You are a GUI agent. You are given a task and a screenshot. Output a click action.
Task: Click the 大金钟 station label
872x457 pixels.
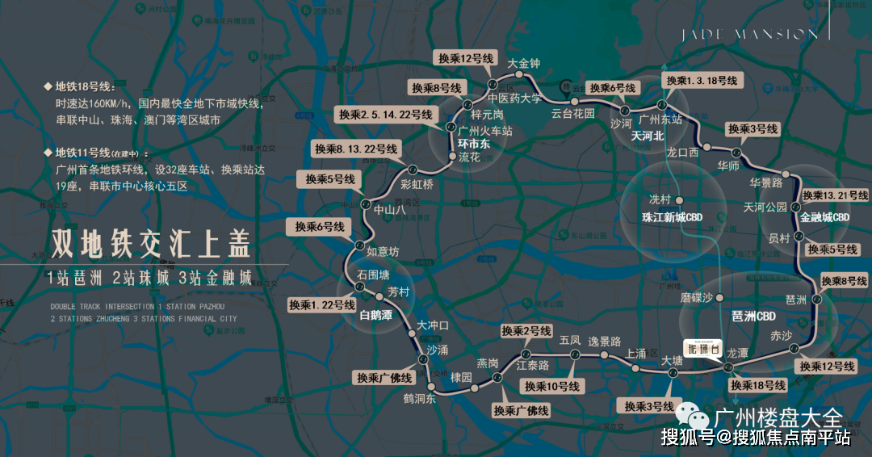523,63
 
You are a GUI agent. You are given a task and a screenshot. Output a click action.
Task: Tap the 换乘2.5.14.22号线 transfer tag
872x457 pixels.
385,115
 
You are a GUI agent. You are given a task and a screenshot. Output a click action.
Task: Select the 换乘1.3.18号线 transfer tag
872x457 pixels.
699,82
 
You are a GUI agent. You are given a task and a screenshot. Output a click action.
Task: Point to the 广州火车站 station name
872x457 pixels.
485,130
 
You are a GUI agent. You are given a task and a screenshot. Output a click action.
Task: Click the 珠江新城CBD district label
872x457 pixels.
673,217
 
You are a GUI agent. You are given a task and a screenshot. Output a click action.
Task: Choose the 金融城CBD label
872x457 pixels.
824,218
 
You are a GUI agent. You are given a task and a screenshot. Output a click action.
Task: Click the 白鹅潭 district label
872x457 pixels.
375,315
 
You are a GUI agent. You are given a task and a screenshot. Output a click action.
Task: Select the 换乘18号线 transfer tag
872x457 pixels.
757,385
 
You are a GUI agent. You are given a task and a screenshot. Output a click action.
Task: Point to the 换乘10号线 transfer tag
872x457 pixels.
552,387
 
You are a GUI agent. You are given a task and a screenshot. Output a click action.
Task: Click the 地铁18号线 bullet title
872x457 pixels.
85,86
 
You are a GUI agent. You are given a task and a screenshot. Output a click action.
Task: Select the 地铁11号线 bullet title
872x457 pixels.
85,153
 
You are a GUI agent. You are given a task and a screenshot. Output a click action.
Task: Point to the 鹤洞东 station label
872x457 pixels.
420,397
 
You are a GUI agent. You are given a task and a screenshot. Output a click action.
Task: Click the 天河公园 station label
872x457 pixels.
765,208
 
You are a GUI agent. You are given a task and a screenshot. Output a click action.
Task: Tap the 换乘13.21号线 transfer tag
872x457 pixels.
835,195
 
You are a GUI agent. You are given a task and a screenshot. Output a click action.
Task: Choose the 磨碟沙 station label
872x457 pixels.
697,297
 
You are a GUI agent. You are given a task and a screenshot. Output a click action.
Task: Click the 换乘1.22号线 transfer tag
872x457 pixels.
322,305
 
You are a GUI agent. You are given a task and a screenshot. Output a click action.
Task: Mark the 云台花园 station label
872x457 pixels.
573,114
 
